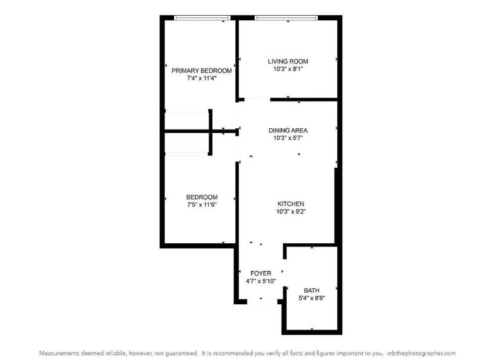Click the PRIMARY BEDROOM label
[201, 71]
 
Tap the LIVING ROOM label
[288, 61]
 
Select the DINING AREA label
[288, 130]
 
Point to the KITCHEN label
[290, 204]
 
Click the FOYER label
[260, 273]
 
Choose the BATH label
[312, 290]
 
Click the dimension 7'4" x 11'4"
[201, 78]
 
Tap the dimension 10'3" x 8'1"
[288, 69]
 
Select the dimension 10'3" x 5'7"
[288, 138]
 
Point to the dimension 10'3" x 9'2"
[290, 211]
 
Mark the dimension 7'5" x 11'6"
[202, 205]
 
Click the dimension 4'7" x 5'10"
[260, 281]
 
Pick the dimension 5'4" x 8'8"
[312, 298]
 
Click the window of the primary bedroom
[202, 18]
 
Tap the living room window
[286, 18]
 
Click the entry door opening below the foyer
[262, 302]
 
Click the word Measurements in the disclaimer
[58, 353]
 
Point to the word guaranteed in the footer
[183, 353]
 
